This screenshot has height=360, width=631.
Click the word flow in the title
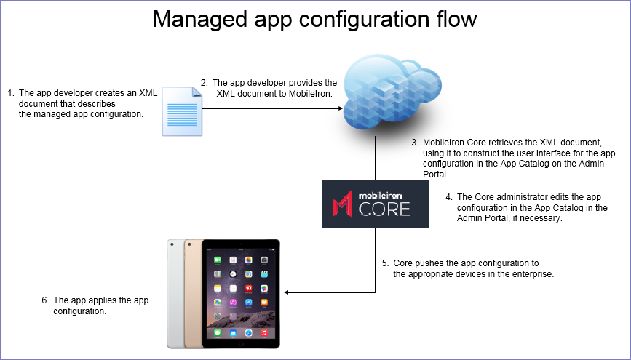pos(457,19)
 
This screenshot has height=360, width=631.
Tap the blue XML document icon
pos(180,111)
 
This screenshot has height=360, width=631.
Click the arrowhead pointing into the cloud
pos(338,108)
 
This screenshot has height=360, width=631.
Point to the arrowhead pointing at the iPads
pos(287,292)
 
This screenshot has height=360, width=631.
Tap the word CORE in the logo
pos(384,209)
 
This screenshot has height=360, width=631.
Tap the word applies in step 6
pos(112,300)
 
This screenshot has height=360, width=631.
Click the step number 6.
pos(45,300)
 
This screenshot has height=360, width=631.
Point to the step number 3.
pos(415,143)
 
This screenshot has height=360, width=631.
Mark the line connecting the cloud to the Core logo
pos(376,156)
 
